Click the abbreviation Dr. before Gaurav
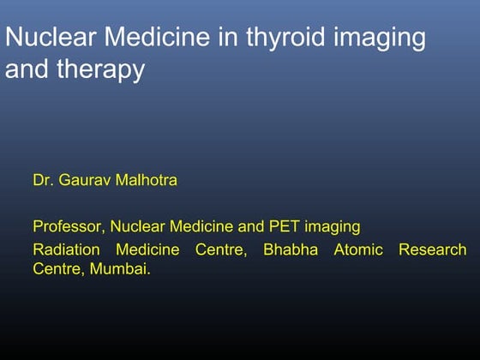[44, 181]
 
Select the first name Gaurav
[87, 181]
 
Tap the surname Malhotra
[148, 181]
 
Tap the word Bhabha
[292, 250]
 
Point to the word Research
[433, 250]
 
